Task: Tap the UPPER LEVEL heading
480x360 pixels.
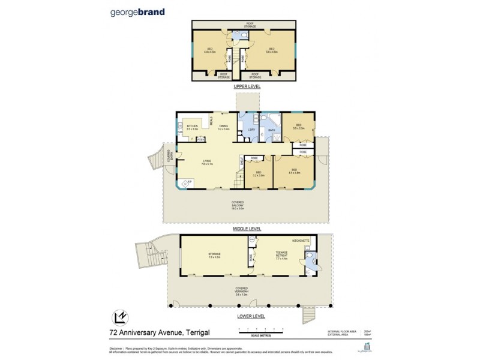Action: (245, 87)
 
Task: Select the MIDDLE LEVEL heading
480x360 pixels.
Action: (245, 229)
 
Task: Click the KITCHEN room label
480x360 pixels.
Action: (192, 127)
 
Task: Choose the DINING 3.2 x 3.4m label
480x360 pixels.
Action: (224, 128)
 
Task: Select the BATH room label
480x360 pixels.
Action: (272, 130)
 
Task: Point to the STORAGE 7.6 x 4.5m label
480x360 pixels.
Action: (214, 256)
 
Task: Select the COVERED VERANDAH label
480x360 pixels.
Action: (242, 296)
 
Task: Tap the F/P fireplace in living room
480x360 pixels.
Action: (190, 181)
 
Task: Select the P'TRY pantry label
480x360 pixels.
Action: (201, 140)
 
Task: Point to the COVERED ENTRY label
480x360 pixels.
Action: (170, 155)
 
